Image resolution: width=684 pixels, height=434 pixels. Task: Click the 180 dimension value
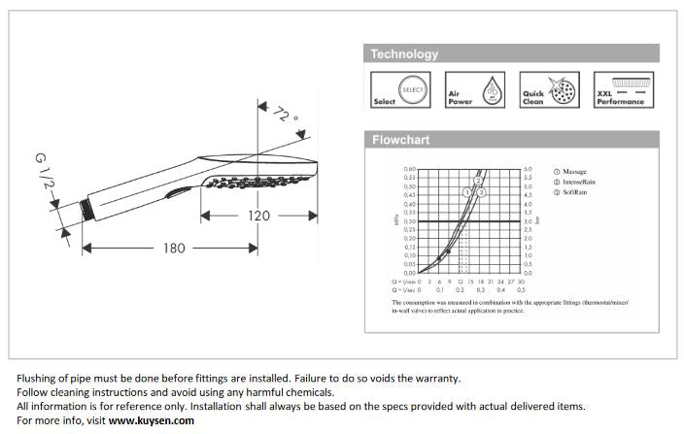[174, 249]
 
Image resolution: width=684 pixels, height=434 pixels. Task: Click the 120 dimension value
[258, 216]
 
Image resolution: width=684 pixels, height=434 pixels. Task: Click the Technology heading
[405, 54]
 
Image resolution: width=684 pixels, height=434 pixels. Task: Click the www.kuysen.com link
[152, 420]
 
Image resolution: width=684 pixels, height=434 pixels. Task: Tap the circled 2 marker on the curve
[478, 182]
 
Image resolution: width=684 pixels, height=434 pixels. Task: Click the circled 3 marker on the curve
[481, 193]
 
